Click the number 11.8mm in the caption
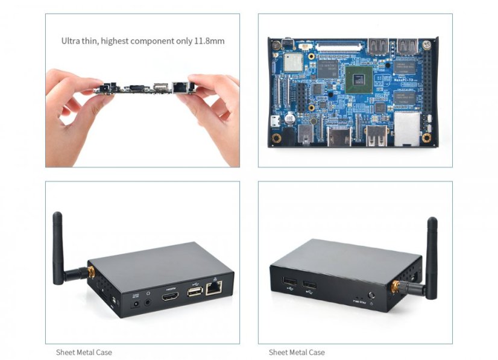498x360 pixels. click(x=209, y=41)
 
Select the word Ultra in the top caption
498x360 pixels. click(x=71, y=41)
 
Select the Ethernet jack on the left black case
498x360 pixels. click(x=213, y=289)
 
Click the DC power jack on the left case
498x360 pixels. click(x=136, y=303)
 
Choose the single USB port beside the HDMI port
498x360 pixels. click(x=194, y=292)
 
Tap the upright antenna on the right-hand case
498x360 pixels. click(x=432, y=253)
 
